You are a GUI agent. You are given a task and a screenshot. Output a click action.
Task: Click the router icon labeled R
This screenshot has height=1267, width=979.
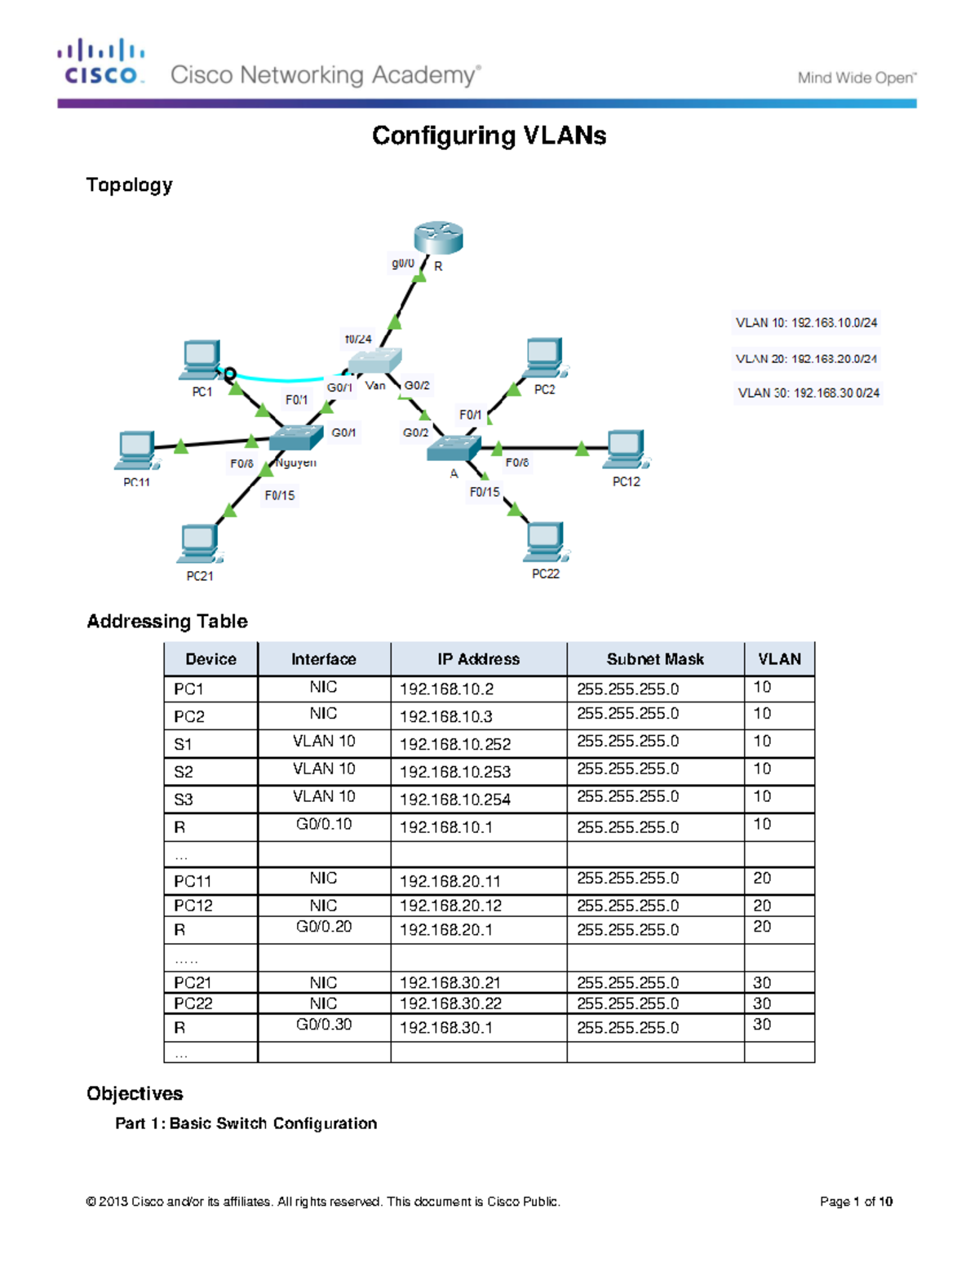(438, 237)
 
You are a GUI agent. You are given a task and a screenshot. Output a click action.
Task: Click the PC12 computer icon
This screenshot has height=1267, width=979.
(626, 450)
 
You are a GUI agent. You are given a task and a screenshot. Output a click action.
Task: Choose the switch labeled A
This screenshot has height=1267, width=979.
(453, 448)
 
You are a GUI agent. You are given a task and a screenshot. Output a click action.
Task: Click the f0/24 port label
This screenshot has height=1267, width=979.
(358, 339)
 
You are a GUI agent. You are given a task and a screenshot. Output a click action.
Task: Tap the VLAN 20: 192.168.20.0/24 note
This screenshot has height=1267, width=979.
(806, 359)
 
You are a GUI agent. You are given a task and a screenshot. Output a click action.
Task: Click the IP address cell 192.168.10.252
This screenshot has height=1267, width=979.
(455, 744)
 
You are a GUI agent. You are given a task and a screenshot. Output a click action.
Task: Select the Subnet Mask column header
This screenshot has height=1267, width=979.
(655, 659)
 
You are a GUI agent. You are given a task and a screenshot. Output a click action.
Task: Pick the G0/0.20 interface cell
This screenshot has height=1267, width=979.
(324, 927)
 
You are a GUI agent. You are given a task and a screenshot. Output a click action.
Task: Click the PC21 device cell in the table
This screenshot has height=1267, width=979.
(193, 982)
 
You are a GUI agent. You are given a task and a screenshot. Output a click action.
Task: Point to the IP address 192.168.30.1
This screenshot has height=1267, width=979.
(446, 1028)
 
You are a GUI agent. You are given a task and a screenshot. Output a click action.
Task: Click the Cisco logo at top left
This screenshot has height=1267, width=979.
(101, 62)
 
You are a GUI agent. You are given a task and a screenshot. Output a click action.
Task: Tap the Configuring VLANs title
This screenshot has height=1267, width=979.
(489, 135)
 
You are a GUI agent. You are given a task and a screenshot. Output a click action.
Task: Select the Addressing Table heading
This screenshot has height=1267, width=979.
(167, 621)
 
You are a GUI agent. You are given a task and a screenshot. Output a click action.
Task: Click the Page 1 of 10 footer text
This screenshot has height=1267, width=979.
(856, 1201)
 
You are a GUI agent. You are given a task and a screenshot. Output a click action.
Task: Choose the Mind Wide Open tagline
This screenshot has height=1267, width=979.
(857, 78)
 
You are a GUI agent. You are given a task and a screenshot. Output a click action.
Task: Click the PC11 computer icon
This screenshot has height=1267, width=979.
(136, 450)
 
